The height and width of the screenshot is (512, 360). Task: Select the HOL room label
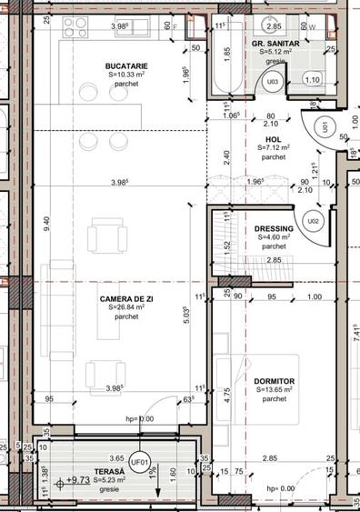[273, 137]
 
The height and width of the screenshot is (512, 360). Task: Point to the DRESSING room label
[274, 228]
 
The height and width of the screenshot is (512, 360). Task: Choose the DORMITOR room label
[275, 380]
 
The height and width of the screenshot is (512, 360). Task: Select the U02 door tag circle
[313, 220]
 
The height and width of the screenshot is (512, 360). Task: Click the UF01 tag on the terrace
[139, 461]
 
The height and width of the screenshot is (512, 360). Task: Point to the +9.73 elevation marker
[80, 478]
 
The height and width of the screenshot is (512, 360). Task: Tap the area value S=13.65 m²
[275, 389]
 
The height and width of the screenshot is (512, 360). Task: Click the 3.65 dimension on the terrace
[116, 459]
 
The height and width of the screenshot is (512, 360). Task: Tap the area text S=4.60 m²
[274, 237]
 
